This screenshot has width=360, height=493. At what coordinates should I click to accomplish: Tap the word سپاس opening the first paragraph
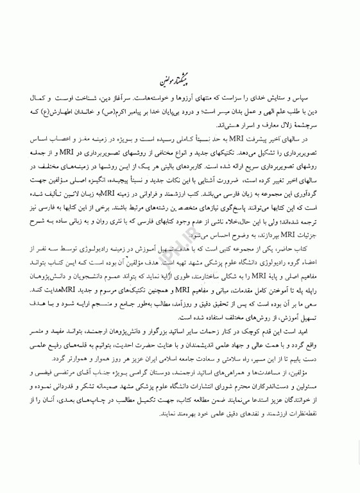(323, 103)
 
